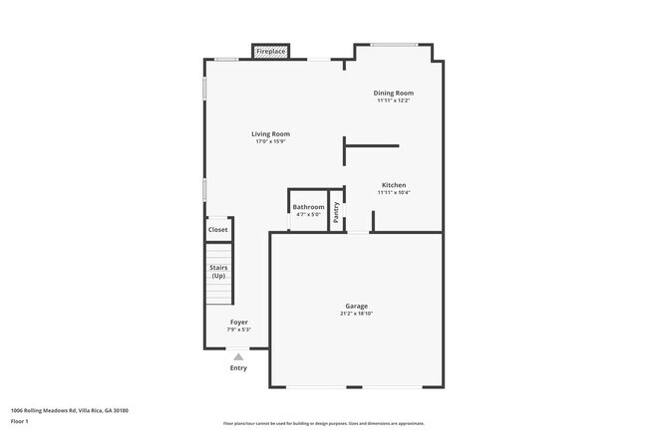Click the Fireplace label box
(x=271, y=51)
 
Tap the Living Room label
(x=270, y=133)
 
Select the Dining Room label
(x=394, y=93)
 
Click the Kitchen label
(x=394, y=184)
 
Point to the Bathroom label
(x=308, y=207)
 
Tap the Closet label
(x=217, y=230)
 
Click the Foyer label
(x=239, y=323)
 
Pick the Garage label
(x=357, y=306)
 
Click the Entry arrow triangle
(x=238, y=356)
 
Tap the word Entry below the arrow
(x=238, y=368)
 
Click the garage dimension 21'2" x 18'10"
(x=357, y=314)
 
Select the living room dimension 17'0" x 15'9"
(x=270, y=141)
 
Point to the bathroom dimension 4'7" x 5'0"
(x=308, y=214)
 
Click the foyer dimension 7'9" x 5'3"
(x=239, y=329)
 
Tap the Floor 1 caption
(x=21, y=421)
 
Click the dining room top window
(x=395, y=44)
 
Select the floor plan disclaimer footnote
(x=323, y=424)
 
